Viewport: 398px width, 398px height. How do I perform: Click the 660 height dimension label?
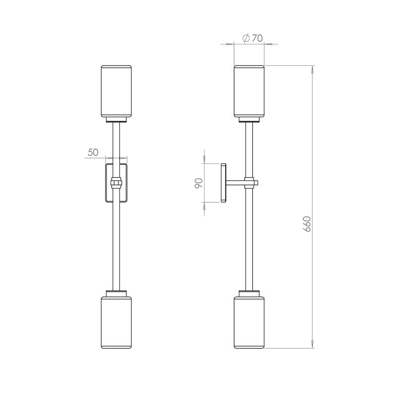(x=307, y=225)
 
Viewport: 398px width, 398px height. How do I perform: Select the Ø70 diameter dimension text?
(x=252, y=38)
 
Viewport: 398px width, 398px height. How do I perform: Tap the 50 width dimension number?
(x=93, y=153)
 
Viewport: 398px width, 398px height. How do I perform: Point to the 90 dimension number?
(x=199, y=183)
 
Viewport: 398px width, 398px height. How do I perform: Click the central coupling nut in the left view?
(x=116, y=183)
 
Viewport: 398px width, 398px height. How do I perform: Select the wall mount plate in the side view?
(x=223, y=183)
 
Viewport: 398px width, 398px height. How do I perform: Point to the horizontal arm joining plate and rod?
(x=235, y=183)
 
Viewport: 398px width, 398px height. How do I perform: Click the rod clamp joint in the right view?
(x=250, y=183)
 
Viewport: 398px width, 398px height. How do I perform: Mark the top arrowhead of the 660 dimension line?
(x=312, y=69)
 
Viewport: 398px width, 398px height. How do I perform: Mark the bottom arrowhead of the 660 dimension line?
(x=312, y=344)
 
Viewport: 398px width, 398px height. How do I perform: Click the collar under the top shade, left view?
(x=116, y=119)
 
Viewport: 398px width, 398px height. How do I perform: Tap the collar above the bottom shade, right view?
(x=249, y=293)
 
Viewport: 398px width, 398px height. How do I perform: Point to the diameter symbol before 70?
(x=245, y=38)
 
